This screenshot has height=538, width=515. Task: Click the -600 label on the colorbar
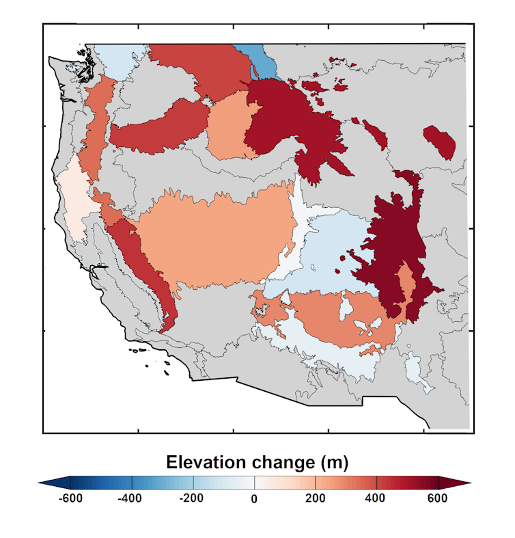pyautogui.click(x=70, y=498)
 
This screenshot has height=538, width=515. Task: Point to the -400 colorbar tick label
pyautogui.click(x=129, y=498)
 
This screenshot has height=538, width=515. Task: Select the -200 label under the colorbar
pyautogui.click(x=191, y=498)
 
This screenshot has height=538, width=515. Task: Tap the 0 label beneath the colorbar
pyautogui.click(x=254, y=499)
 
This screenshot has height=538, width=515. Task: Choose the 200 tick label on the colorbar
pyautogui.click(x=315, y=498)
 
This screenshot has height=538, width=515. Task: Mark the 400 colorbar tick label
pyautogui.click(x=375, y=498)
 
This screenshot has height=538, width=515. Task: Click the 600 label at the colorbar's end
pyautogui.click(x=436, y=498)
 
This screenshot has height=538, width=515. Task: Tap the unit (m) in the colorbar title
pyautogui.click(x=335, y=463)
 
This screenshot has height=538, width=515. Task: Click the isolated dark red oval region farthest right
pyautogui.click(x=440, y=142)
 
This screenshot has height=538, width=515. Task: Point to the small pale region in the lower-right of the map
pyautogui.click(x=418, y=373)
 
